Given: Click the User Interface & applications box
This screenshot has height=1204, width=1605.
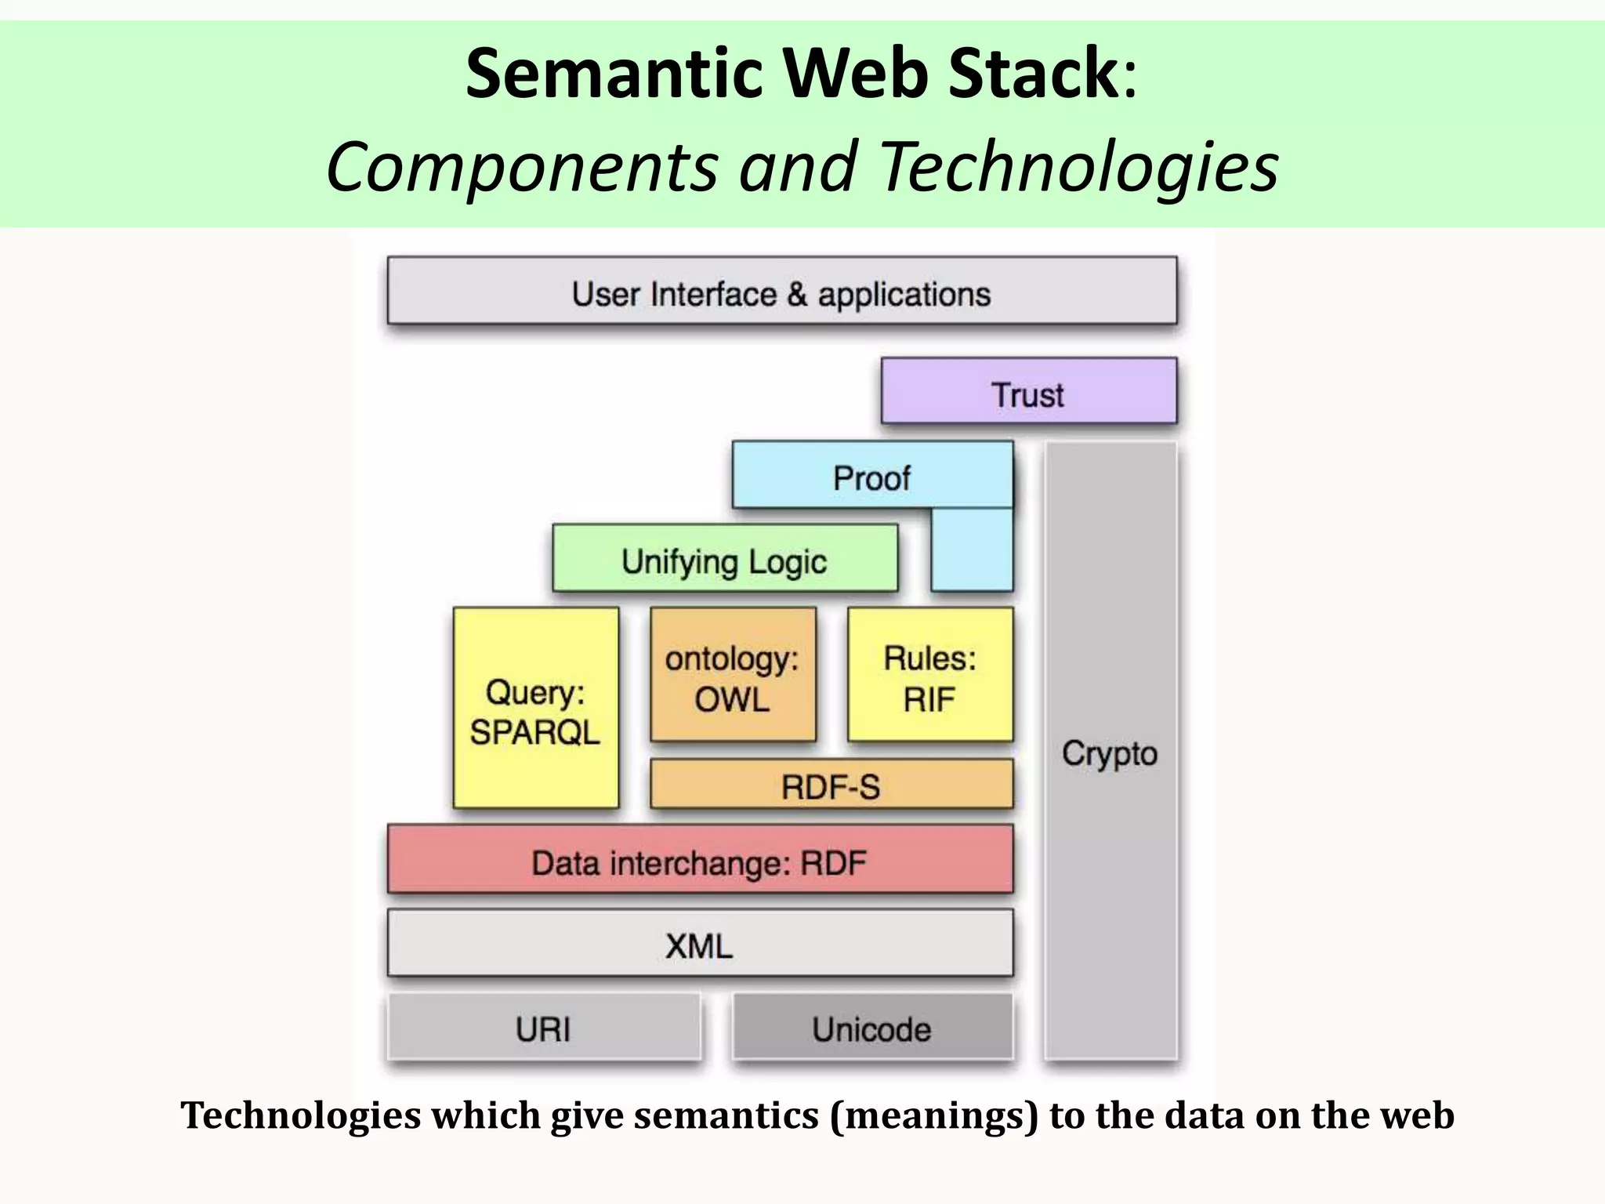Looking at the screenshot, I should coord(781,292).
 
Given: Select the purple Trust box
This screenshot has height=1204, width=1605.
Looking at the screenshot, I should coord(1028,392).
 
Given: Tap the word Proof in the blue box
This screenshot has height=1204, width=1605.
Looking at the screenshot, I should coord(871,478).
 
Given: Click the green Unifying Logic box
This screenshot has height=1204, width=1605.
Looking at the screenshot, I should coord(724,559).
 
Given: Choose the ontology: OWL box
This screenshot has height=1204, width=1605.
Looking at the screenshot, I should coord(733,675).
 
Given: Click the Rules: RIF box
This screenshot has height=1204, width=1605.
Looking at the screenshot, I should coord(929,675).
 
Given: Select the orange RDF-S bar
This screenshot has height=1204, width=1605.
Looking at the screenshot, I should coord(831,785).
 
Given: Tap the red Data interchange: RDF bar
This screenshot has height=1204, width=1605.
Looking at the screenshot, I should coord(699,861).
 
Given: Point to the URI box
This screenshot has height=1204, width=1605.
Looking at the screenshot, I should coord(543,1028).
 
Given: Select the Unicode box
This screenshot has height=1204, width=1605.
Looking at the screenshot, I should coord(871,1028).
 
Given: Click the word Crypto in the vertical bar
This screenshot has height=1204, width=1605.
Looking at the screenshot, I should coord(1110,753).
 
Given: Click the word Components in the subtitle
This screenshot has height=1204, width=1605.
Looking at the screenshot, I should coord(521,166).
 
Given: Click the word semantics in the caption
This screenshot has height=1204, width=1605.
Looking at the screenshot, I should coord(726,1115).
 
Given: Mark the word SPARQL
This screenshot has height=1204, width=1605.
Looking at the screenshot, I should coord(535,732).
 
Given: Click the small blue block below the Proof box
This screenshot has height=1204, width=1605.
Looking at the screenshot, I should coord(972,549).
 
